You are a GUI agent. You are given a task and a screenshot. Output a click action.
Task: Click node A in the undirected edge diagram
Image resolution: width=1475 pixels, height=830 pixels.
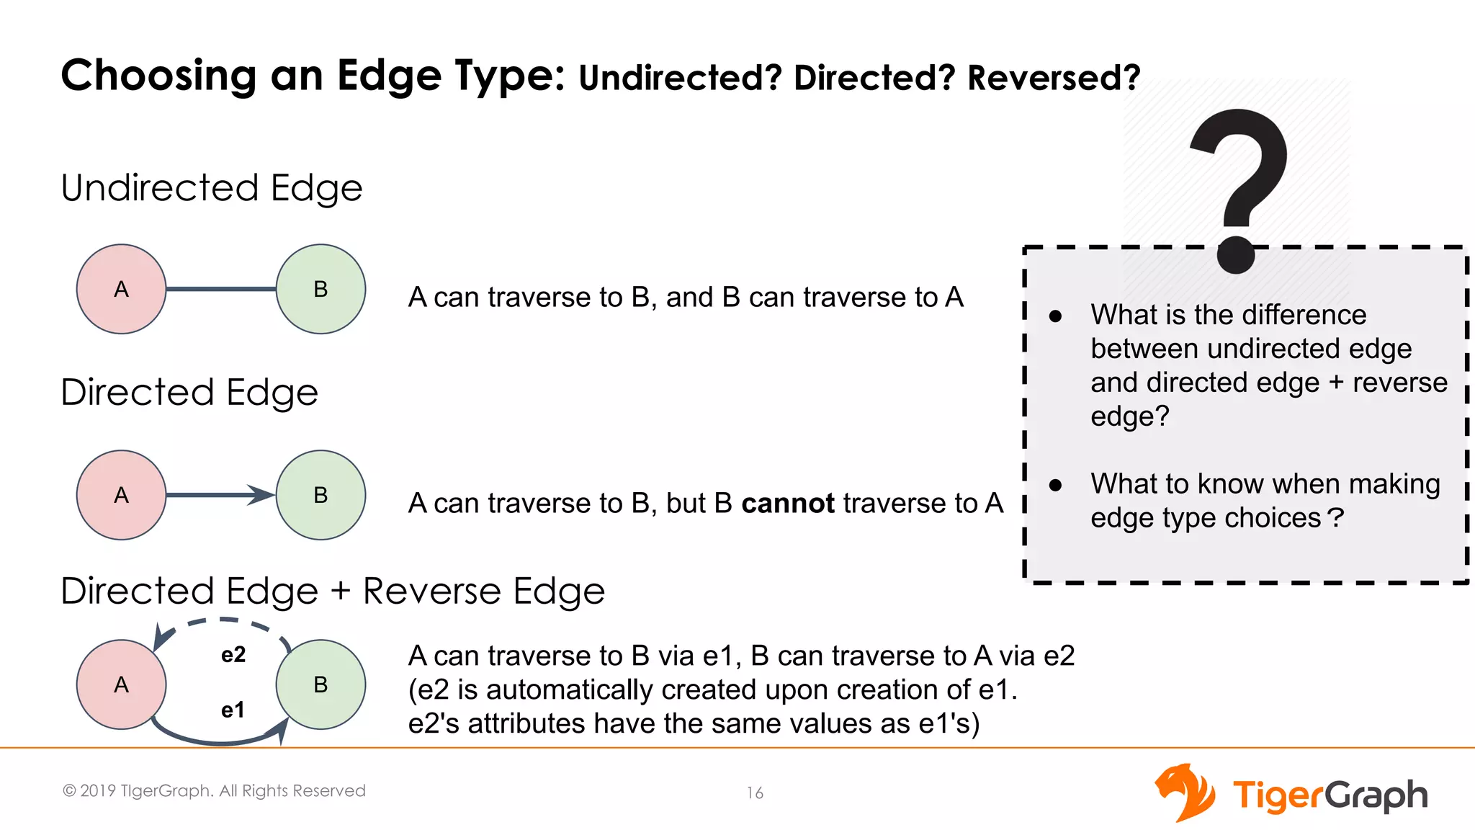point(121,289)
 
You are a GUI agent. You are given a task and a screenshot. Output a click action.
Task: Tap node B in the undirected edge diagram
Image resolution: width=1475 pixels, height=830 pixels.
point(320,289)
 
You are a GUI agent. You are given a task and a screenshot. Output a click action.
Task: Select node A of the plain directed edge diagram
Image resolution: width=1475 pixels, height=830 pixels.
point(121,495)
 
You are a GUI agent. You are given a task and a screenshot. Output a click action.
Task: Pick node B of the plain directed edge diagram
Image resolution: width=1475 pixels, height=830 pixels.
point(320,495)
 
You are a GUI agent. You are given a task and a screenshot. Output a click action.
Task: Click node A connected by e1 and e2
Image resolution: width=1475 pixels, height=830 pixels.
point(121,684)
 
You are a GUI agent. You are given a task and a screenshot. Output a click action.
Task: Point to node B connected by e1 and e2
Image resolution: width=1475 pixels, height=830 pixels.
point(320,684)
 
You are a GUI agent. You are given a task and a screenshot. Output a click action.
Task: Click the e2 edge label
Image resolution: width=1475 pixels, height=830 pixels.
point(233,654)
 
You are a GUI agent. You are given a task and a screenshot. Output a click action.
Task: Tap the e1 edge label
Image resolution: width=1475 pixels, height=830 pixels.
point(233,710)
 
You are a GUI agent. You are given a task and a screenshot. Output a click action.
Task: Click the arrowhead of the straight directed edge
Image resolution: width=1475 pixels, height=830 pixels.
point(262,495)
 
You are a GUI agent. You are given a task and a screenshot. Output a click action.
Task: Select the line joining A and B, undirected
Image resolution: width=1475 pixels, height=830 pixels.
point(220,289)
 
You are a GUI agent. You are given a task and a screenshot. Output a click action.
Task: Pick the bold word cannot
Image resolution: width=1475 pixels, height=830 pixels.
point(788,503)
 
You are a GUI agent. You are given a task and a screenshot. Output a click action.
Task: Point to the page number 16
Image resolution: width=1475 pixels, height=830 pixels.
point(755,793)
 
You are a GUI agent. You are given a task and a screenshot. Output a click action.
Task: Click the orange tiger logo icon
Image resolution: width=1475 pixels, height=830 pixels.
point(1184,793)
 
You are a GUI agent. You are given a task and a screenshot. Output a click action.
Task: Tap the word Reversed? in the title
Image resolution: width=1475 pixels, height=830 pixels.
point(1054,78)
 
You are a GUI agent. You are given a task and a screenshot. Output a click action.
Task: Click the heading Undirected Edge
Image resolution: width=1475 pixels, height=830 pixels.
point(212,188)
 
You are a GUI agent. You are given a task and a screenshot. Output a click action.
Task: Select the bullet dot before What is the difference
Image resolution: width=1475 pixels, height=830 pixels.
point(1056,316)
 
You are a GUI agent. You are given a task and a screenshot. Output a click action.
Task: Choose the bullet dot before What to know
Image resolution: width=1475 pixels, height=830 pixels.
point(1056,485)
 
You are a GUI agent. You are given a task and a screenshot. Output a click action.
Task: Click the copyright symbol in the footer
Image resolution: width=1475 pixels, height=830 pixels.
point(69,791)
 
